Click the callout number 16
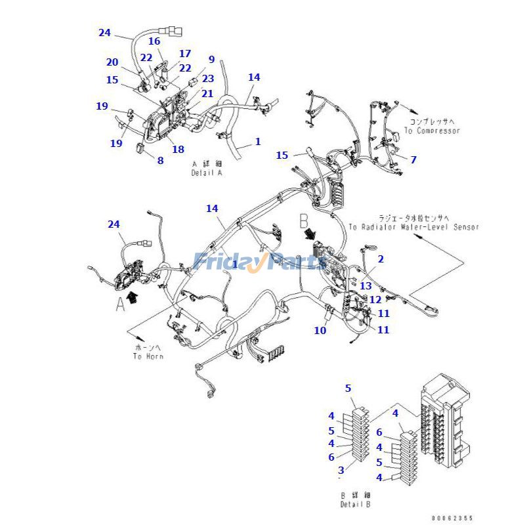pyautogui.click(x=154, y=41)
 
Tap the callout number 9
pyautogui.click(x=211, y=60)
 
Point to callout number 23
pyautogui.click(x=208, y=78)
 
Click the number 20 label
pyautogui.click(x=112, y=62)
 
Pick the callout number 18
pyautogui.click(x=178, y=149)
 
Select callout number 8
pyautogui.click(x=160, y=159)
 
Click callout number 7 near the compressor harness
pyautogui.click(x=413, y=159)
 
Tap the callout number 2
pyautogui.click(x=381, y=259)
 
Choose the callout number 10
pyautogui.click(x=320, y=330)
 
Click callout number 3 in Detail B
pyautogui.click(x=341, y=470)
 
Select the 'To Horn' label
pyautogui.click(x=148, y=352)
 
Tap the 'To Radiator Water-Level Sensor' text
pyautogui.click(x=413, y=222)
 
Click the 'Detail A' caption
pyautogui.click(x=207, y=168)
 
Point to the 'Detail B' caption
pyautogui.click(x=354, y=499)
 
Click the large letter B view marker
pyautogui.click(x=304, y=219)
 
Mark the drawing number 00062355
pyautogui.click(x=452, y=518)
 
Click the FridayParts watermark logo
pyautogui.click(x=260, y=261)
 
